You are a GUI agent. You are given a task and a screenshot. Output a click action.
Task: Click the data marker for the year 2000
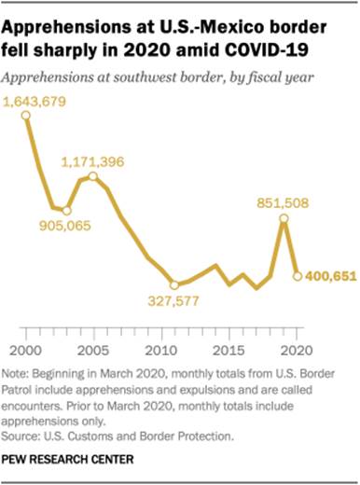pyautogui.click(x=26, y=116)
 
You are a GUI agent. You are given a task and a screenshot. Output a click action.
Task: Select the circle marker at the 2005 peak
pyautogui.click(x=93, y=175)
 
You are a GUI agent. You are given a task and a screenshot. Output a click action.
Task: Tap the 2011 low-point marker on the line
pyautogui.click(x=174, y=284)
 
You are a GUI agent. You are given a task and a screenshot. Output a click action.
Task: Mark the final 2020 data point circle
pyautogui.click(x=298, y=275)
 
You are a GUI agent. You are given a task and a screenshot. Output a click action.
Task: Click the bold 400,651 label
pyautogui.click(x=329, y=276)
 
